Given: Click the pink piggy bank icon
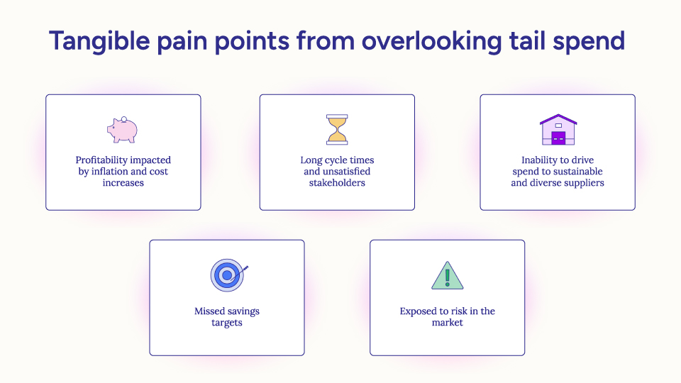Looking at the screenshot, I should point(122,130).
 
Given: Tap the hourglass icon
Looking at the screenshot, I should point(337,130).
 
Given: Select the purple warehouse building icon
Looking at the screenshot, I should point(558,130).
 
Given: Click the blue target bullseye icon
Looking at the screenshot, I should point(226,275).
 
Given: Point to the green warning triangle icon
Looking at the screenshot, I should point(447,276).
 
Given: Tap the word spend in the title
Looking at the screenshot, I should point(589,41).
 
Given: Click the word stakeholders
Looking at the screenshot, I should point(337,183).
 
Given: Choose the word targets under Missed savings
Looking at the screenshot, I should point(226,323).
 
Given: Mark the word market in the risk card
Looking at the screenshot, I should point(447,323).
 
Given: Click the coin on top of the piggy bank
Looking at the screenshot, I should point(123,118).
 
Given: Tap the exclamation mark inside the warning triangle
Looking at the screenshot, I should point(447,277).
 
